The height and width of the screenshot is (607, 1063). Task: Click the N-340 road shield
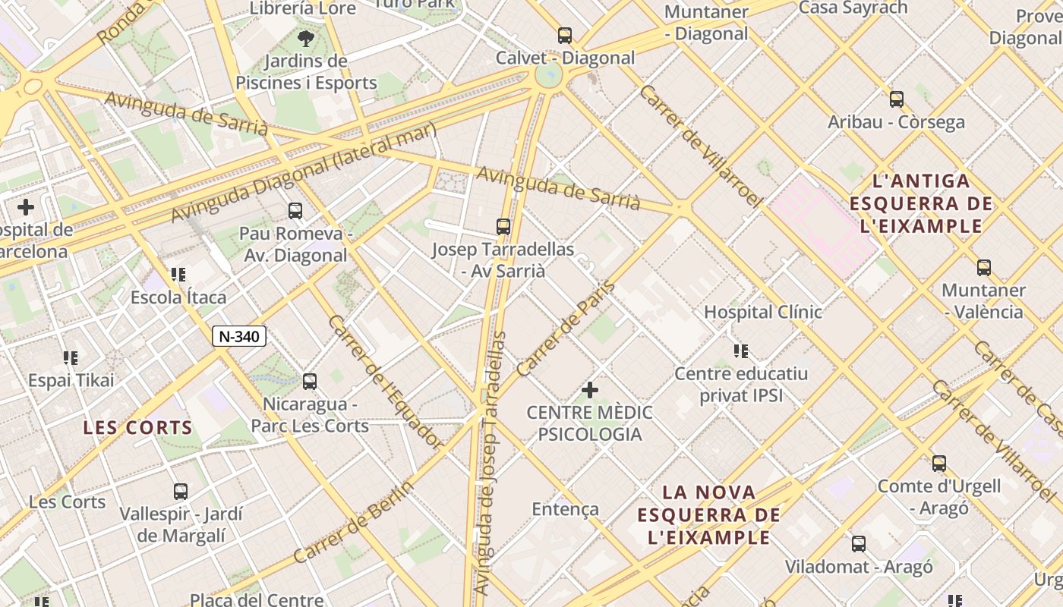[x=239, y=336]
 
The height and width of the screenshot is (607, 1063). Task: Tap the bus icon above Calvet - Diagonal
[x=564, y=35]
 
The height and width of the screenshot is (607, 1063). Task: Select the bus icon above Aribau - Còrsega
[x=897, y=99]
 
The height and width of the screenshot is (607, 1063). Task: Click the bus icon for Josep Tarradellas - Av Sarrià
[x=503, y=226]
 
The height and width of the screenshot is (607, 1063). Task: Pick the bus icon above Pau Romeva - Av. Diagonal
[x=295, y=211]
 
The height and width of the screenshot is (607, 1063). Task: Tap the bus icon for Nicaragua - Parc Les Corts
[x=309, y=382]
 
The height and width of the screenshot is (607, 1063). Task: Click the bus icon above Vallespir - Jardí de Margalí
[x=181, y=491]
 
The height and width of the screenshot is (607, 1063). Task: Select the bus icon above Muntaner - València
[x=984, y=267]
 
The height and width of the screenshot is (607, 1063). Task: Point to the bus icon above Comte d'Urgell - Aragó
[x=939, y=463]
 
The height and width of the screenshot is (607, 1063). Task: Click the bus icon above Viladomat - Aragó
[x=859, y=543]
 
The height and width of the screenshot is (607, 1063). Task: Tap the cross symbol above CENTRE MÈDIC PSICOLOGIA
[x=590, y=390]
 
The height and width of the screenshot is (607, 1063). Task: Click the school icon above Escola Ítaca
[x=178, y=275]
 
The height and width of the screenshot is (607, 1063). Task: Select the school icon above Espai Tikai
[x=71, y=357]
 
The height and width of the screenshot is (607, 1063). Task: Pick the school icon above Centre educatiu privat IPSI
[x=741, y=351]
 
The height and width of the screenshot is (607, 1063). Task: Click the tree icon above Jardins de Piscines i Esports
[x=306, y=38]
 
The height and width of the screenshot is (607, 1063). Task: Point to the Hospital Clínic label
[x=762, y=312]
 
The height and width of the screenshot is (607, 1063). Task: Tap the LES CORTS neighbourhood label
[x=138, y=427]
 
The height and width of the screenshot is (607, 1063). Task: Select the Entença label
[x=565, y=509]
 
